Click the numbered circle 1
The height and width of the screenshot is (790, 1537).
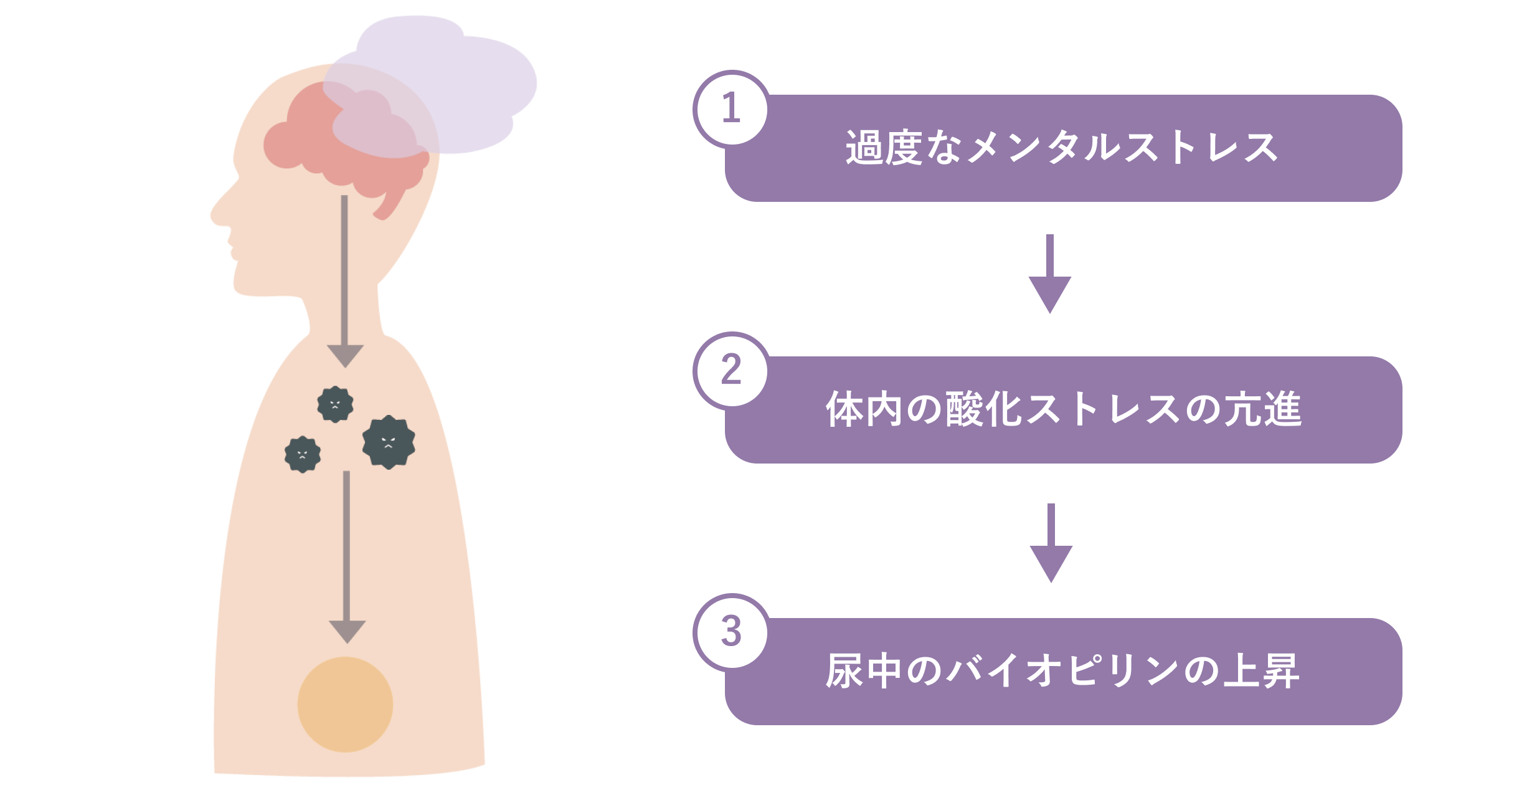click(x=731, y=108)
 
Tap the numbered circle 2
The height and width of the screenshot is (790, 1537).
click(x=731, y=369)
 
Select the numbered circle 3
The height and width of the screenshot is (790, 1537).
click(x=731, y=631)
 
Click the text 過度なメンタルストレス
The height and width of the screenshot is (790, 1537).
click(x=1062, y=148)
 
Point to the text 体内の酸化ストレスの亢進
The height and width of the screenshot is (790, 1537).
click(x=1064, y=410)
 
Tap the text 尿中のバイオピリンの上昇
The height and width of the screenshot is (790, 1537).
click(x=1062, y=672)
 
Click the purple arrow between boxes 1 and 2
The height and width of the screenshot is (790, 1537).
click(x=1050, y=274)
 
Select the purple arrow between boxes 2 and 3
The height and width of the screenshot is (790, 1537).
click(x=1051, y=543)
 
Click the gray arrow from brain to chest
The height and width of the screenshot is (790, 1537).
click(x=345, y=280)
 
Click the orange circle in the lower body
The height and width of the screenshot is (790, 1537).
click(x=345, y=704)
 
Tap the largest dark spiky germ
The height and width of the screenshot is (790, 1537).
click(x=389, y=442)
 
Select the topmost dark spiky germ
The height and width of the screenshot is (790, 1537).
click(x=335, y=404)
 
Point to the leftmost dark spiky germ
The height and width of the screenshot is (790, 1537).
click(x=303, y=454)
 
